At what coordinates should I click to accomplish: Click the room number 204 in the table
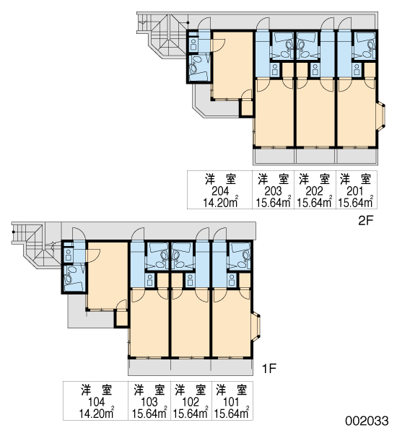coord(220,191)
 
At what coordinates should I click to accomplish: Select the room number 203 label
coord(273,191)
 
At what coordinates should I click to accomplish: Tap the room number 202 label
coord(315,191)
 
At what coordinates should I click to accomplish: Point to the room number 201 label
coord(356,191)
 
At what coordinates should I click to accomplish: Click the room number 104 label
coord(97,402)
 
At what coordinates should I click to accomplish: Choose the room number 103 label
coord(149,402)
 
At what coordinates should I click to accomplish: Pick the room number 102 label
coord(191,402)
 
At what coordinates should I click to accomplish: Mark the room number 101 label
coord(232,402)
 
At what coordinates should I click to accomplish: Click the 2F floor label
coord(365,220)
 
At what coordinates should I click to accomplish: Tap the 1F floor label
coord(269,368)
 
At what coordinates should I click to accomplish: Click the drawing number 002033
coord(367,421)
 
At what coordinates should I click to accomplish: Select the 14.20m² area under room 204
coord(221,202)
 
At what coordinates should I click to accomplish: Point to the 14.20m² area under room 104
coord(97,414)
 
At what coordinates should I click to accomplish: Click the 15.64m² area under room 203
coord(274,202)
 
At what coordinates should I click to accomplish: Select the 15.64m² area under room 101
coord(232,414)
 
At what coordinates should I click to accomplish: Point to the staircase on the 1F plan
coord(36,245)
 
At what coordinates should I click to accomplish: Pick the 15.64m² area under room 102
coord(191,414)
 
